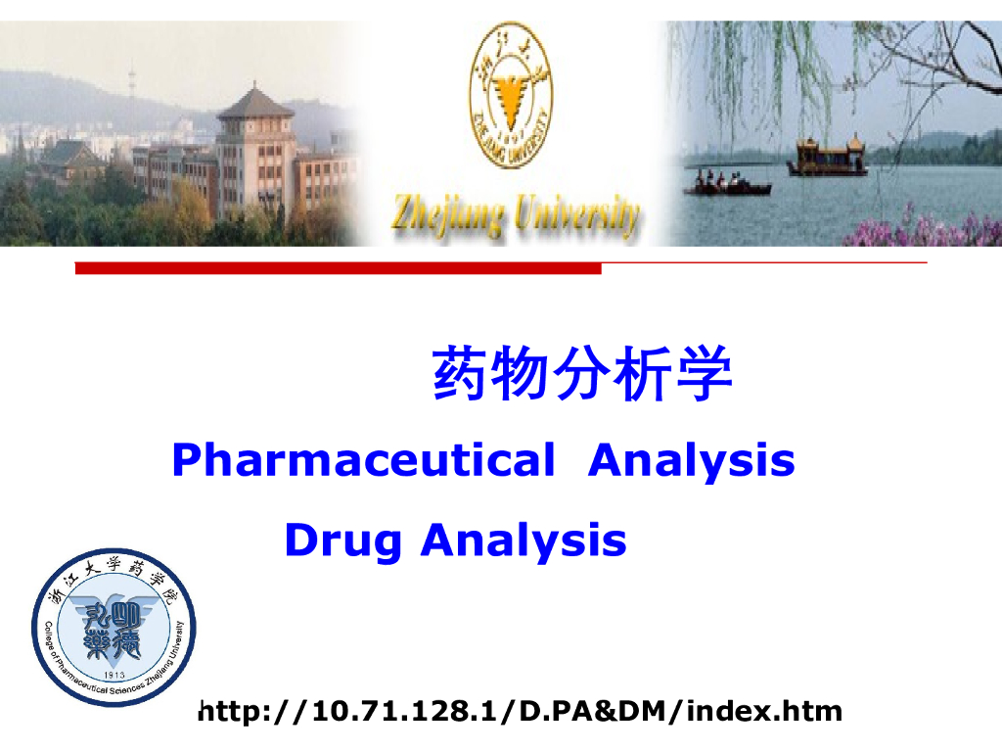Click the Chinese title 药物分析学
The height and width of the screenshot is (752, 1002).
click(x=582, y=374)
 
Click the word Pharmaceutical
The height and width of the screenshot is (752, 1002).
click(x=362, y=459)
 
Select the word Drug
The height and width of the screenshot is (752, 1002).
click(x=342, y=540)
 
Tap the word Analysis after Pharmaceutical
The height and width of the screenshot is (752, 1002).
click(x=691, y=459)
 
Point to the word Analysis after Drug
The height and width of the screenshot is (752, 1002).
click(x=524, y=540)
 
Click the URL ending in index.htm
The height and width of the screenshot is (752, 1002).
click(x=520, y=710)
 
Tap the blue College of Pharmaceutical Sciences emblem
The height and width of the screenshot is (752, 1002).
click(x=114, y=628)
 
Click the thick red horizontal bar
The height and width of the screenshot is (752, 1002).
click(x=338, y=268)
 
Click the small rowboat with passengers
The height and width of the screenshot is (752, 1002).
click(x=727, y=185)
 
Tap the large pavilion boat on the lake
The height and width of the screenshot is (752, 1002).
click(x=827, y=158)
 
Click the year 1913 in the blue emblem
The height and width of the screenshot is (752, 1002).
click(x=115, y=675)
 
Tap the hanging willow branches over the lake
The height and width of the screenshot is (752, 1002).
click(x=753, y=69)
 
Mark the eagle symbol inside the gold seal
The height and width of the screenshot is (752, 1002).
click(x=509, y=98)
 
